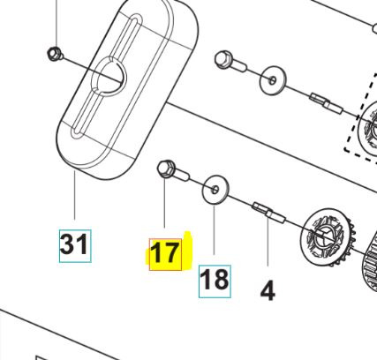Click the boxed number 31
click(74, 243)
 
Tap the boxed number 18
click(215, 279)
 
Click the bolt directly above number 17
click(167, 169)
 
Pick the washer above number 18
click(215, 188)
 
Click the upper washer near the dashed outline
click(271, 83)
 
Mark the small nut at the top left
click(54, 54)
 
